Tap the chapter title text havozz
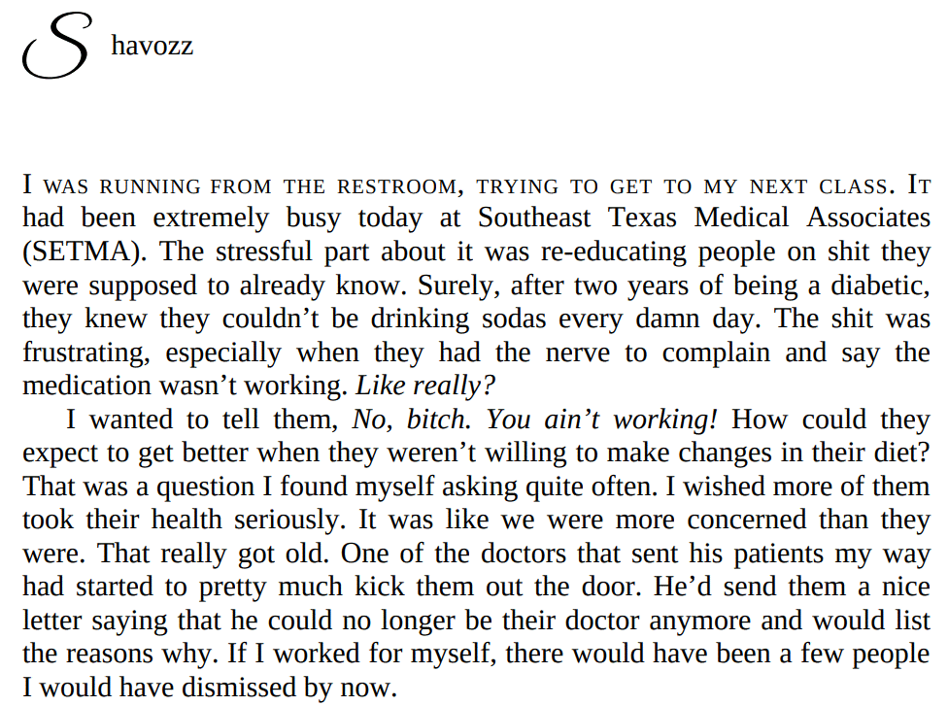coord(152,46)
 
